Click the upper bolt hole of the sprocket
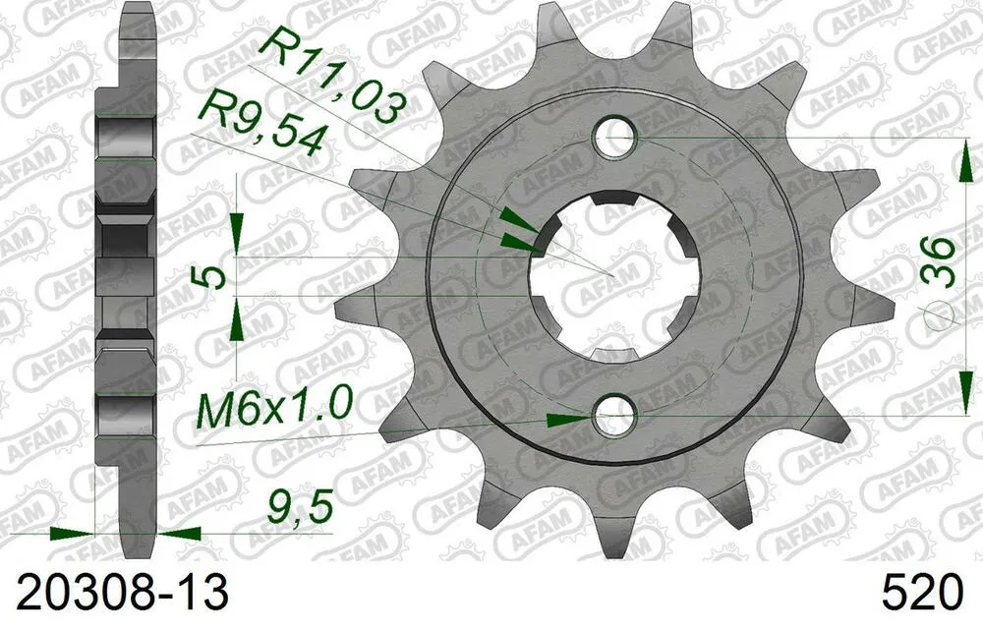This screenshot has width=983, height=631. pos(617,137)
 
